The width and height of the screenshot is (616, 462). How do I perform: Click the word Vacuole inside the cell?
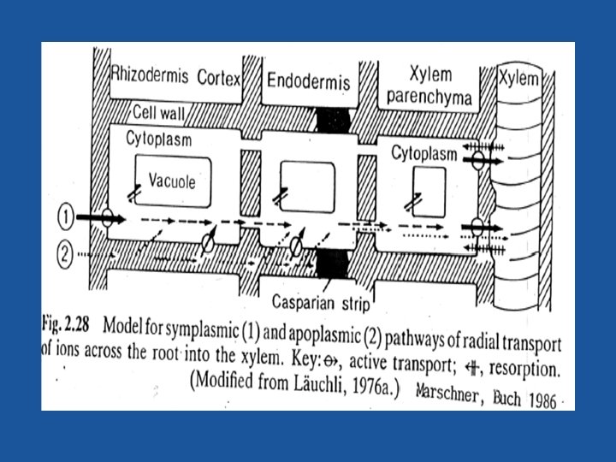[172, 181]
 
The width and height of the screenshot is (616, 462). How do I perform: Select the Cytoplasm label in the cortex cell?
[159, 139]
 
